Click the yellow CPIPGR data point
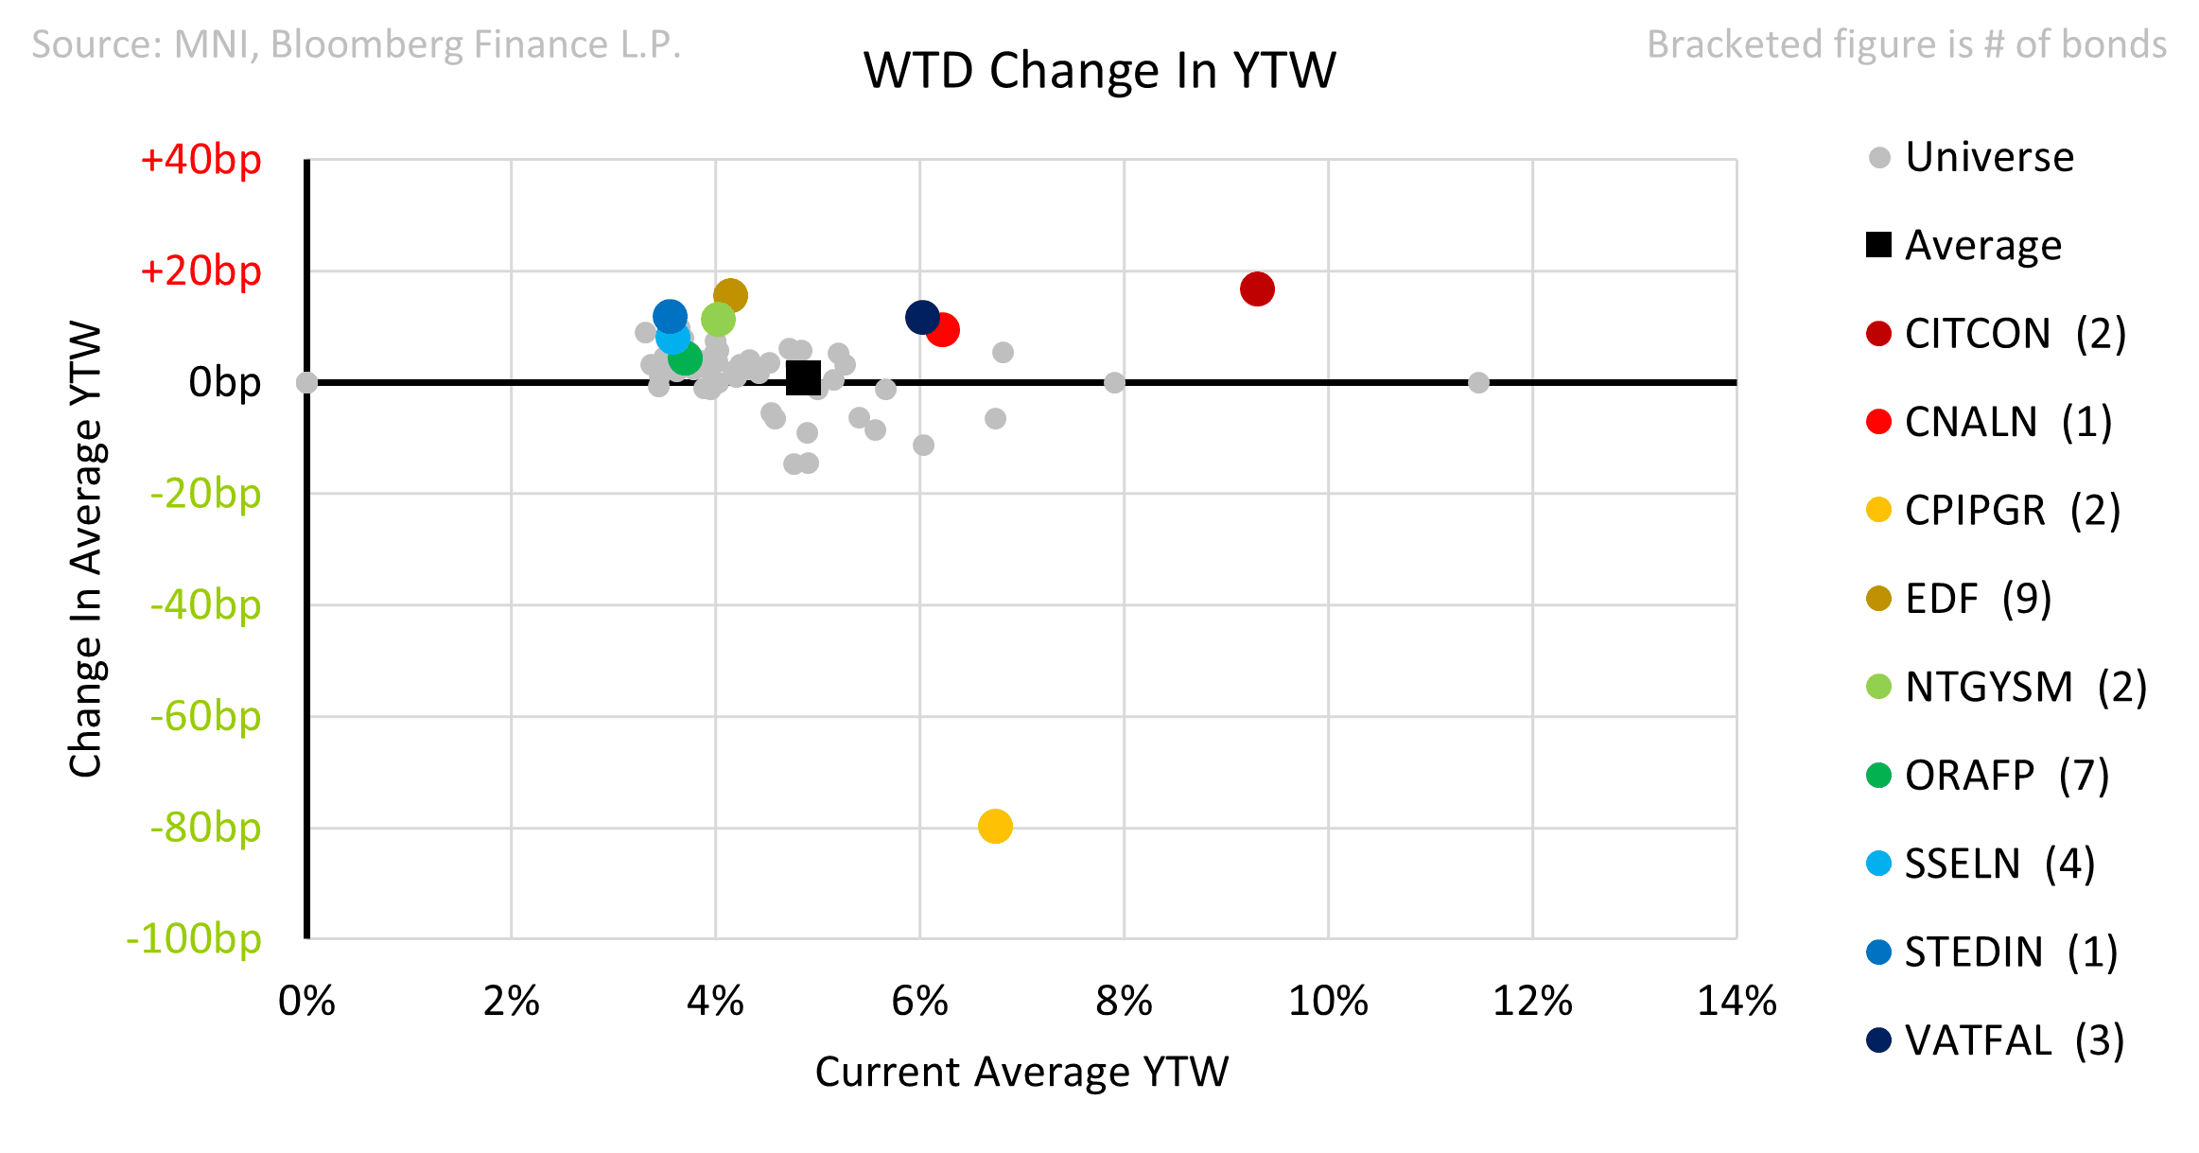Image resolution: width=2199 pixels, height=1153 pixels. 995,826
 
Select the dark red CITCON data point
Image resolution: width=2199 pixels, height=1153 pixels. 1257,288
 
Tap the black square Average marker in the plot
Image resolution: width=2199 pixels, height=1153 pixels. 803,378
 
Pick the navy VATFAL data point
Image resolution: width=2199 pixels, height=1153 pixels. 922,317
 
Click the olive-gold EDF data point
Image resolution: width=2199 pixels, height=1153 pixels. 730,296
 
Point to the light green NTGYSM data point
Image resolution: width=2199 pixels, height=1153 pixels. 718,320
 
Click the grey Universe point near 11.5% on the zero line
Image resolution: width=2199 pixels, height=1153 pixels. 1478,382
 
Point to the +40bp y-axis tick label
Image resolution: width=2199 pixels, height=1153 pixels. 201,160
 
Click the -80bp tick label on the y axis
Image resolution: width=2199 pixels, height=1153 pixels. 205,828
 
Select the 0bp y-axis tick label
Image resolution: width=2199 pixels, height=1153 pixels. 224,382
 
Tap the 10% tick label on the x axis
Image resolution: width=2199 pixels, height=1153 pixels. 1328,1001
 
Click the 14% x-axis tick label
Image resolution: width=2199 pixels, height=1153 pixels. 1737,1001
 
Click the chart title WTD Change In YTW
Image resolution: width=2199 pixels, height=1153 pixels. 1099,71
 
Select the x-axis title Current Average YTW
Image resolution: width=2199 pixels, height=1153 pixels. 1021,1072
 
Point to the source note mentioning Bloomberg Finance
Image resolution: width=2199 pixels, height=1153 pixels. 357,44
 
